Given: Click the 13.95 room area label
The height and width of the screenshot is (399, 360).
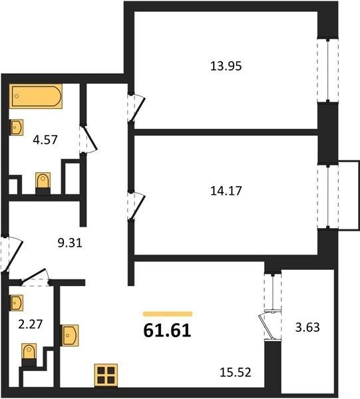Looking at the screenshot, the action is [226, 66].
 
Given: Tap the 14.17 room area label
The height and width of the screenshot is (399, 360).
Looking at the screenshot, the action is [226, 191].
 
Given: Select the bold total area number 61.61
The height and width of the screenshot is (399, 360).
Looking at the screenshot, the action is [167, 331].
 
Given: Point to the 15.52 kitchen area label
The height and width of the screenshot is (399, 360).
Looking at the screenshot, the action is [236, 372].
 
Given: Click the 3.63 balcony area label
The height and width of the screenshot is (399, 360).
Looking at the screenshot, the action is [307, 327].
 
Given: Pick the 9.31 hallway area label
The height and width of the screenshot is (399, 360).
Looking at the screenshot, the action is [70, 243].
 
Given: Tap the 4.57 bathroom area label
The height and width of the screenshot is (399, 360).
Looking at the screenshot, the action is [45, 140].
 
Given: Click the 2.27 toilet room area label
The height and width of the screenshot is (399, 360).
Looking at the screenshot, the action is [31, 325].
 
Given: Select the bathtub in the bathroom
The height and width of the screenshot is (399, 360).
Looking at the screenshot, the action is [36, 96].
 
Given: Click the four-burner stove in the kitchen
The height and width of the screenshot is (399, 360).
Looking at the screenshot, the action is [106, 375].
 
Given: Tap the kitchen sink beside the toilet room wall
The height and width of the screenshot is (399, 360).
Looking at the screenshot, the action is [69, 335].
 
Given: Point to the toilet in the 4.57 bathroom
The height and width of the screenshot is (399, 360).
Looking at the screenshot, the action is [43, 184].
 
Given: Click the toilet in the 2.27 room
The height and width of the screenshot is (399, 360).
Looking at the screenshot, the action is [29, 354].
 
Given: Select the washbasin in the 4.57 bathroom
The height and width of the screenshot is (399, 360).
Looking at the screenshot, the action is [17, 127].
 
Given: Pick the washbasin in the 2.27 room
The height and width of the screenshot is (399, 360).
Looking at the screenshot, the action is [17, 303].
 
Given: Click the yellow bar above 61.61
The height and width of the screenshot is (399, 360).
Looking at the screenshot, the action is [168, 314].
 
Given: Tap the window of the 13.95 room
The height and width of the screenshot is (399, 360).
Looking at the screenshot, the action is [328, 70].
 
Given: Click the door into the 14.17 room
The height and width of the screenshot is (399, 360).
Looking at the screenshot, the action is [136, 205].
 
